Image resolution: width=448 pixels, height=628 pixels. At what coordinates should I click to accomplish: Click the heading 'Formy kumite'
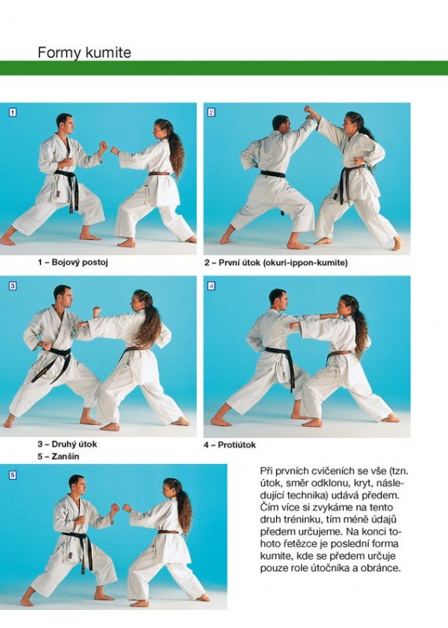tap(84, 53)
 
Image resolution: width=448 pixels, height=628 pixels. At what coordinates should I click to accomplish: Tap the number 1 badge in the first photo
tap(13, 112)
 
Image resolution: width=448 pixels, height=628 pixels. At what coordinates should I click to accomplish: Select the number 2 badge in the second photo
tap(211, 112)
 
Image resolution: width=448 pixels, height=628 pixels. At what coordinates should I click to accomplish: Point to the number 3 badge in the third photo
tap(13, 286)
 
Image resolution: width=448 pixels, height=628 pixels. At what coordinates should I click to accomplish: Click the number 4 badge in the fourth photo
tap(211, 286)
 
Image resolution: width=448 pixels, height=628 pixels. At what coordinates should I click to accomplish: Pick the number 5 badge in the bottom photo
tap(13, 475)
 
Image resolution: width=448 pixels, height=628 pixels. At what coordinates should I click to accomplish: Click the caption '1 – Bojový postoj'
tap(73, 263)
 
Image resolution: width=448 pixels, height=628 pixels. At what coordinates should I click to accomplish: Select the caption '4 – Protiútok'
tap(230, 444)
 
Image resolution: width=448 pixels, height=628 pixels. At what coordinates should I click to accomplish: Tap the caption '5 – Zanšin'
tap(59, 456)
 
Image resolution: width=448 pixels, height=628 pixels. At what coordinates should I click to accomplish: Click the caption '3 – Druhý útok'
tap(67, 444)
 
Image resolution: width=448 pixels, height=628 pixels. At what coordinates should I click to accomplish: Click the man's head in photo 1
tap(65, 123)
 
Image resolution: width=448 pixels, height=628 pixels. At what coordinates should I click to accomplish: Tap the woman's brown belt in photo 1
tap(160, 173)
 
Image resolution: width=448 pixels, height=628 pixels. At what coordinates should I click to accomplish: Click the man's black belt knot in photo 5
tap(83, 537)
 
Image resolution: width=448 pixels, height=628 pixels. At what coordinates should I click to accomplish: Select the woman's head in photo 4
tap(345, 306)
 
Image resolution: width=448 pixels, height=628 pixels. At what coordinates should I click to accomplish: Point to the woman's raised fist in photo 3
tap(96, 311)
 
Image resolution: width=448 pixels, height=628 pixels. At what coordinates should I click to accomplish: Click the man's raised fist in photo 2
tap(309, 111)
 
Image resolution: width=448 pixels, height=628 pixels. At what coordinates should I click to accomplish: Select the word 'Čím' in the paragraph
tap(268, 507)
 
